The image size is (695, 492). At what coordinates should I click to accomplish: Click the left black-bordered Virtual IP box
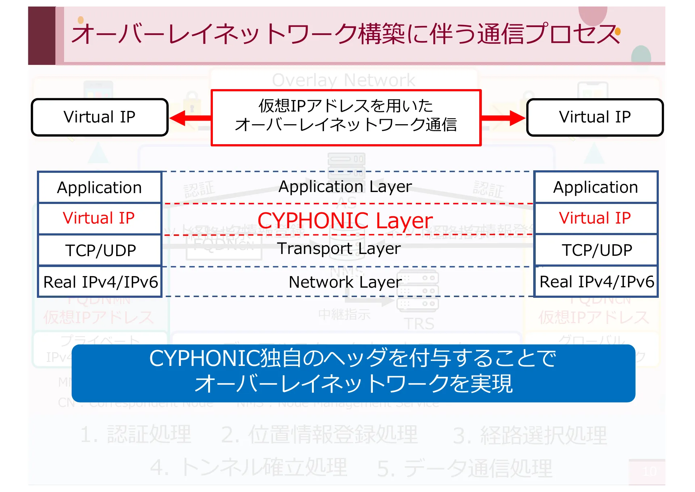pyautogui.click(x=100, y=117)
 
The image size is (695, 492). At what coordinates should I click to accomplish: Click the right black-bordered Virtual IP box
pyautogui.click(x=595, y=117)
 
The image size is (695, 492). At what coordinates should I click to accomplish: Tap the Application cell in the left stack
pyautogui.click(x=100, y=187)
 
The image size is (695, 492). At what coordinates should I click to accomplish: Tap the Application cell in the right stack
pyautogui.click(x=596, y=187)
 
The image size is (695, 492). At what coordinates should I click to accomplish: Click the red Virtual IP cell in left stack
pyautogui.click(x=100, y=218)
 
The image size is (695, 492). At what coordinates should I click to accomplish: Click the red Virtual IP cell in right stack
pyautogui.click(x=596, y=218)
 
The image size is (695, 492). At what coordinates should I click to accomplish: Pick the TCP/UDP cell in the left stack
pyautogui.click(x=100, y=250)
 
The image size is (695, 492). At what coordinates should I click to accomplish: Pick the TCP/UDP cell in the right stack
pyautogui.click(x=596, y=250)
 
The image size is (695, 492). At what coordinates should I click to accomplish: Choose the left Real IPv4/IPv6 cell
pyautogui.click(x=100, y=282)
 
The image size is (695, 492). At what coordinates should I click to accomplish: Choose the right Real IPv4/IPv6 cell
pyautogui.click(x=596, y=282)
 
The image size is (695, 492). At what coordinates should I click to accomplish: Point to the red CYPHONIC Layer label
pyautogui.click(x=345, y=220)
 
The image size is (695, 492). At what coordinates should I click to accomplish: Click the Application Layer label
pyautogui.click(x=345, y=187)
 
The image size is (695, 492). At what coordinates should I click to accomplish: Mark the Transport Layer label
pyautogui.click(x=339, y=249)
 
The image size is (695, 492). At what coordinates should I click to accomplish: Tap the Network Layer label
pyautogui.click(x=345, y=282)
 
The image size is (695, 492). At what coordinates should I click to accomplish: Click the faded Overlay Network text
pyautogui.click(x=344, y=80)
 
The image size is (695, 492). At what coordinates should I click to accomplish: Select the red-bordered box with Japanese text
pyautogui.click(x=346, y=117)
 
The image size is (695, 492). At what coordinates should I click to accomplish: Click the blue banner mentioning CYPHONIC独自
pyautogui.click(x=353, y=373)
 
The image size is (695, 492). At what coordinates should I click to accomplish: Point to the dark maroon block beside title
pyautogui.click(x=42, y=36)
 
